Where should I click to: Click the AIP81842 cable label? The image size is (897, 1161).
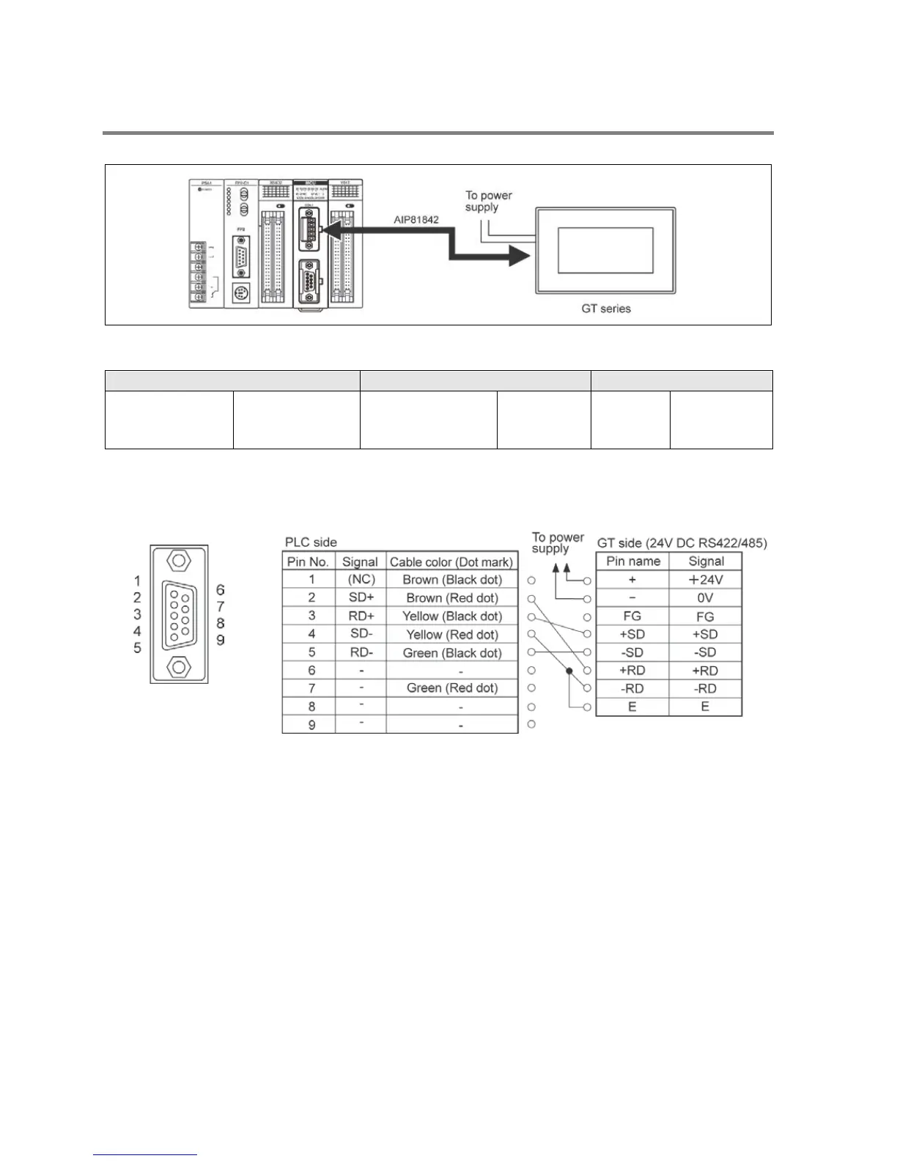click(x=416, y=219)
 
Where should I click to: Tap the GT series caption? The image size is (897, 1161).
click(x=605, y=309)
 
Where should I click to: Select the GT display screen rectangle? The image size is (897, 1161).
click(x=605, y=250)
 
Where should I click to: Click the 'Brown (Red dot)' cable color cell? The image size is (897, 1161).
click(x=451, y=598)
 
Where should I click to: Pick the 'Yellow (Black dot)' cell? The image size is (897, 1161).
click(x=451, y=616)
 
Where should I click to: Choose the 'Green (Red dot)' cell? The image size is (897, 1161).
click(x=451, y=688)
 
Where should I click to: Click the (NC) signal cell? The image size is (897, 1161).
click(x=361, y=580)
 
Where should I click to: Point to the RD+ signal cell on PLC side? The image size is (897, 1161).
click(x=361, y=616)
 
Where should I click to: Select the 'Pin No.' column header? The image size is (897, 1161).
click(x=308, y=562)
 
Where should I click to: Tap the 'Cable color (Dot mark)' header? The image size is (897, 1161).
click(x=451, y=562)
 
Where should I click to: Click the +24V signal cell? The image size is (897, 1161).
click(x=705, y=580)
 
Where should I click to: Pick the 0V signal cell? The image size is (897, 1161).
click(x=705, y=598)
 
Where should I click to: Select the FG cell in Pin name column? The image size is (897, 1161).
click(x=632, y=616)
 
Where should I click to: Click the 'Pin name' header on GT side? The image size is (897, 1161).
click(x=632, y=561)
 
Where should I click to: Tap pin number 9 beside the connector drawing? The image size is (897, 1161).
click(x=220, y=641)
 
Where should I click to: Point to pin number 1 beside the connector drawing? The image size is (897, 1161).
click(x=137, y=581)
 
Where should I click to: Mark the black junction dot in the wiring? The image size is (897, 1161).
click(x=569, y=670)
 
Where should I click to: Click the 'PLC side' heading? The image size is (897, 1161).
click(x=311, y=542)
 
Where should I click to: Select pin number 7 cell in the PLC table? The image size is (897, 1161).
click(x=311, y=688)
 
